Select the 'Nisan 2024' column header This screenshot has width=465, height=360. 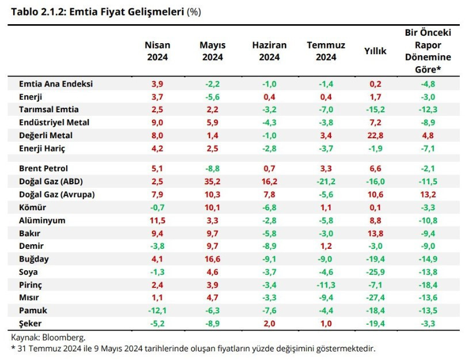(x=157, y=51)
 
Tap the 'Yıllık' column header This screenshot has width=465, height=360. (x=375, y=51)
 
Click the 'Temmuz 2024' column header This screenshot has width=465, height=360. (x=322, y=51)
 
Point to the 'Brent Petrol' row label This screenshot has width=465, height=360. (x=44, y=168)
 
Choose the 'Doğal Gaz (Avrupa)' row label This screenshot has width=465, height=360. (x=56, y=194)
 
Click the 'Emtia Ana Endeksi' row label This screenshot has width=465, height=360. (x=56, y=84)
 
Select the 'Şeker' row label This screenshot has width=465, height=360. (x=31, y=324)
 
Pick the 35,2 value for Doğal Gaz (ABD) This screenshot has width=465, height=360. (x=212, y=181)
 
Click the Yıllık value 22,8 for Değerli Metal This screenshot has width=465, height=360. (x=375, y=135)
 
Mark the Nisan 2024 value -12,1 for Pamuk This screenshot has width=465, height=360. (x=157, y=311)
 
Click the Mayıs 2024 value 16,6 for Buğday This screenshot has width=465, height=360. (x=212, y=259)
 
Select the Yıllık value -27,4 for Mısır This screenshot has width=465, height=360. (x=375, y=298)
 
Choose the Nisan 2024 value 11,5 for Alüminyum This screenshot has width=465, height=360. (x=157, y=220)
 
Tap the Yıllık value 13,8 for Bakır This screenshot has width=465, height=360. (x=375, y=233)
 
